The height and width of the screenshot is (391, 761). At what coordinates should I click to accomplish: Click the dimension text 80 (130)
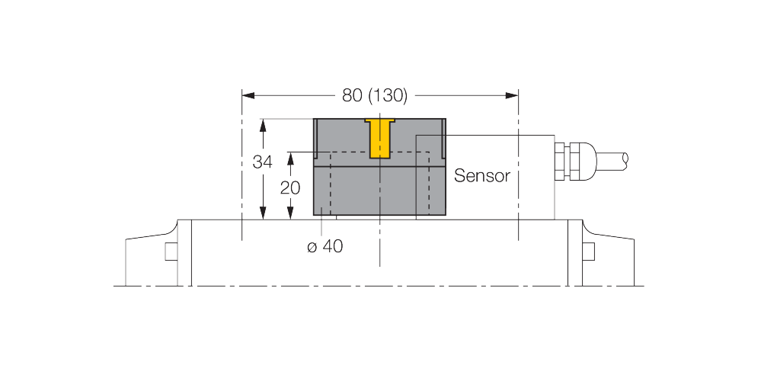point(375,95)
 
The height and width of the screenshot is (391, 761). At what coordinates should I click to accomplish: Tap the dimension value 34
point(263,162)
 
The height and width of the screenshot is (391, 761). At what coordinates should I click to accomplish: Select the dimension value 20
point(290,187)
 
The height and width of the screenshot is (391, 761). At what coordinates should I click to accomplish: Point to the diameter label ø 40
point(325,246)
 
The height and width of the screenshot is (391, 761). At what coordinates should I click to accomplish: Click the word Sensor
point(482,176)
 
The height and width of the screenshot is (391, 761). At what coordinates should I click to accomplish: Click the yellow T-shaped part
point(380,138)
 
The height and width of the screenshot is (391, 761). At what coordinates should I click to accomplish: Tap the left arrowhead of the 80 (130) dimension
point(248,95)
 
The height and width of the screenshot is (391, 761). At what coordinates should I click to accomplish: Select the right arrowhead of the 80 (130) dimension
point(512,95)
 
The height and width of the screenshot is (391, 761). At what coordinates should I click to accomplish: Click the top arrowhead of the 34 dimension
point(263,125)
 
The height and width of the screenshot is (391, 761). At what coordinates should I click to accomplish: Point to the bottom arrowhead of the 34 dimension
point(263,213)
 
